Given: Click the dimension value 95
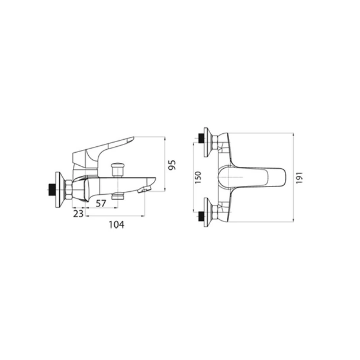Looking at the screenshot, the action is [172, 165].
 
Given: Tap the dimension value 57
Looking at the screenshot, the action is [101, 204].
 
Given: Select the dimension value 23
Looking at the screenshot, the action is [78, 214].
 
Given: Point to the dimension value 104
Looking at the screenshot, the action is [117, 224].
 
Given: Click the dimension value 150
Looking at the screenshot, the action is [198, 177].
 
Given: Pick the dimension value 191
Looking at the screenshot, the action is [300, 178].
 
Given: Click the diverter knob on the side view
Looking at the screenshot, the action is [118, 169].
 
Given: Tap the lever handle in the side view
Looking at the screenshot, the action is [102, 149].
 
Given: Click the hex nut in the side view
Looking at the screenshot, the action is [69, 189].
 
